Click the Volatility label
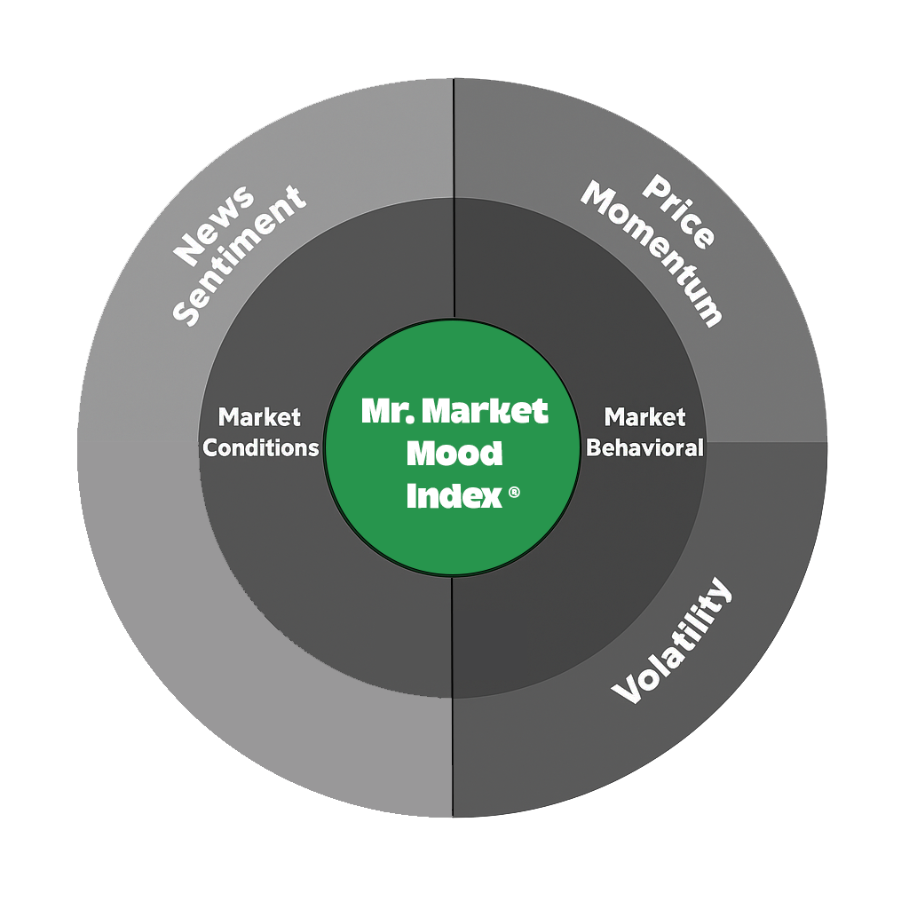(x=674, y=643)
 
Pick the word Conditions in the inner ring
(x=260, y=447)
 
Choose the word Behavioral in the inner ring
(x=644, y=447)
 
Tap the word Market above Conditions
(x=260, y=417)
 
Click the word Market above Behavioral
(x=644, y=417)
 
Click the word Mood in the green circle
(x=454, y=454)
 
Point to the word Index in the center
(x=454, y=497)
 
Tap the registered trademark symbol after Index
(x=514, y=494)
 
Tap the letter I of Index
(x=411, y=497)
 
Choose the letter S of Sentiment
(x=185, y=312)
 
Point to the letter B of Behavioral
(x=593, y=447)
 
